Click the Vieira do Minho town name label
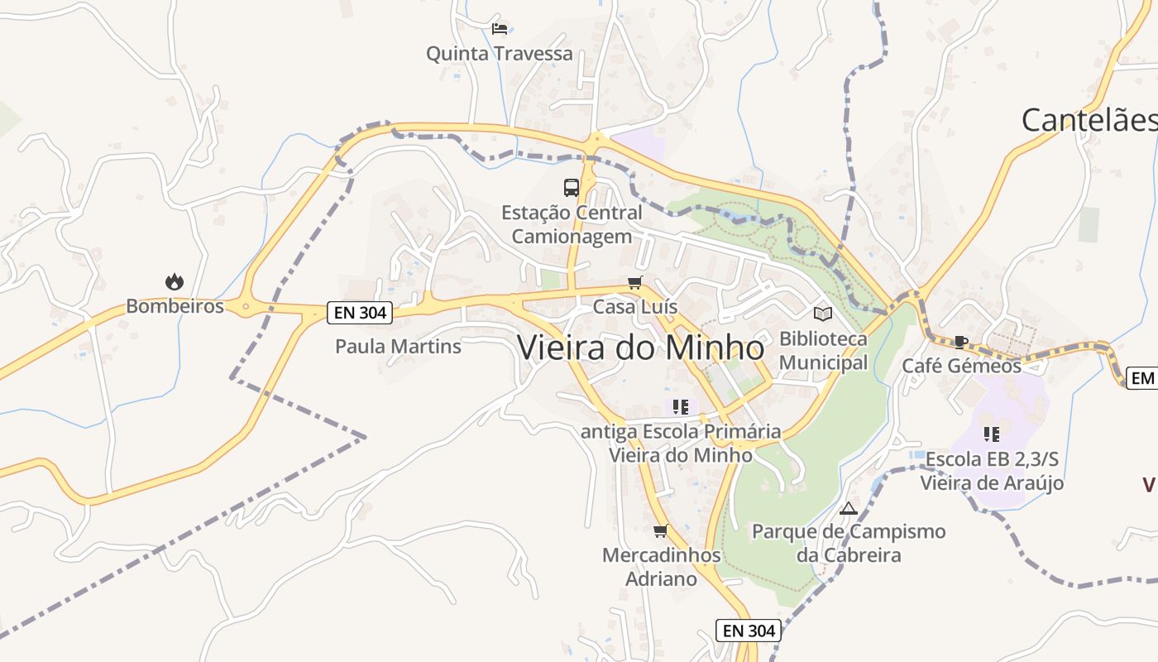click(x=641, y=348)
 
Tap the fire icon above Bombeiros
click(x=175, y=282)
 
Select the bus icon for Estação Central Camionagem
click(x=572, y=187)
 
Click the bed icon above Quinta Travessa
click(x=500, y=29)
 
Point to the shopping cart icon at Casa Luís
click(x=635, y=283)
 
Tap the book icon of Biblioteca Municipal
click(x=823, y=314)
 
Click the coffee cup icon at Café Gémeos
click(x=960, y=342)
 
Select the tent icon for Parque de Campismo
click(x=849, y=508)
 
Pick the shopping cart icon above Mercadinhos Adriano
click(x=660, y=530)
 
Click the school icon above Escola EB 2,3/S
click(x=992, y=434)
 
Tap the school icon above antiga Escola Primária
click(x=681, y=407)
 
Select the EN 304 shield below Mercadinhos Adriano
click(x=749, y=631)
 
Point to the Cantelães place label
click(x=1089, y=120)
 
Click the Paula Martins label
click(x=398, y=346)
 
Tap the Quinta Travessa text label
click(x=499, y=54)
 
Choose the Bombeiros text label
click(x=175, y=306)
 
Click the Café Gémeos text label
click(x=961, y=366)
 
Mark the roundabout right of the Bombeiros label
click(x=245, y=306)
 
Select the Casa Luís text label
click(x=634, y=307)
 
